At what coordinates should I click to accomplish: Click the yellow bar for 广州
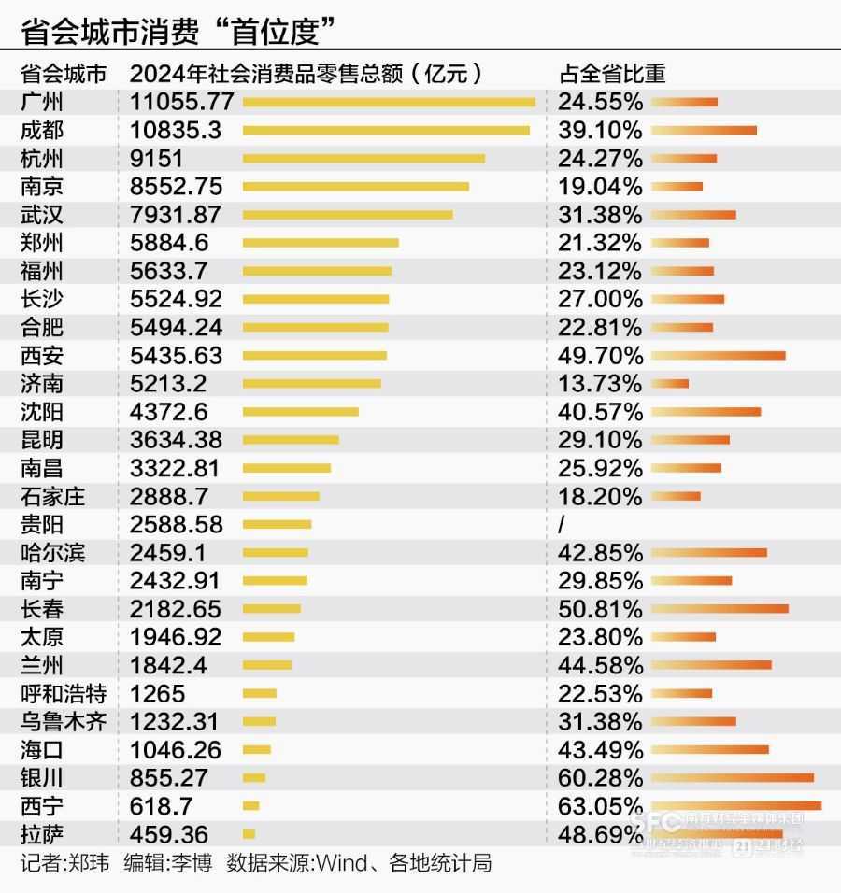click(389, 102)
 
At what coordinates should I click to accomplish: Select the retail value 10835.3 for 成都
click(176, 130)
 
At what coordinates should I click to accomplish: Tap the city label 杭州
click(42, 158)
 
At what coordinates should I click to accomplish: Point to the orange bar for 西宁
click(736, 805)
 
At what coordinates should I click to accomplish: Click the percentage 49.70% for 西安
click(600, 355)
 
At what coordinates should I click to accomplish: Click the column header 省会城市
click(64, 74)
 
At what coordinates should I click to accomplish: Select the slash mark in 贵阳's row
click(562, 524)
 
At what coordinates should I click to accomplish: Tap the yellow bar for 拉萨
click(249, 833)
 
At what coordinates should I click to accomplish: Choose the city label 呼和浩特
click(64, 693)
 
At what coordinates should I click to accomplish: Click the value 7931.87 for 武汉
click(176, 214)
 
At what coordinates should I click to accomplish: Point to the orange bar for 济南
click(670, 383)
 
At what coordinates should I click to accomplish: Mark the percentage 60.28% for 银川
click(600, 777)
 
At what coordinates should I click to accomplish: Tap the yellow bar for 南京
click(356, 186)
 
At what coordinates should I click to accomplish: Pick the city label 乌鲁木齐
click(64, 721)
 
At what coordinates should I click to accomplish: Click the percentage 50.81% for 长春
click(600, 609)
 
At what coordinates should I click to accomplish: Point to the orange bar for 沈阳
click(706, 411)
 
